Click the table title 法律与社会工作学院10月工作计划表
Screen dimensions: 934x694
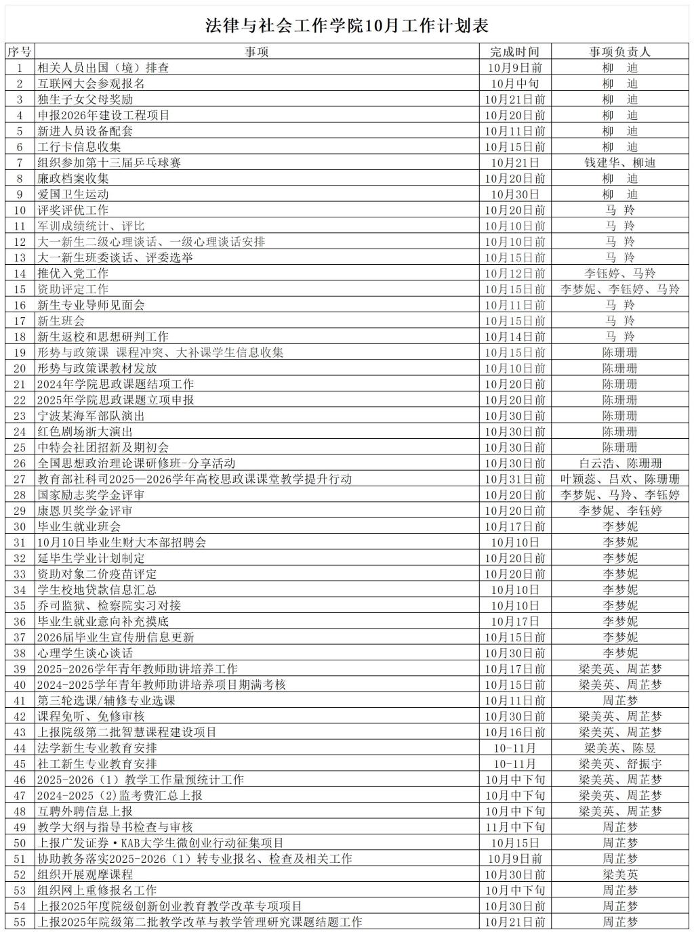(347, 26)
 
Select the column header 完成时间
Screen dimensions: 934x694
(515, 51)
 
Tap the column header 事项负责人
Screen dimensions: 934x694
(619, 51)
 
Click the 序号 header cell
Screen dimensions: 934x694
(20, 51)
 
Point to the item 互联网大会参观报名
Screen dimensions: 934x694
(91, 83)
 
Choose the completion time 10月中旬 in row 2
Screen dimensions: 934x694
(515, 83)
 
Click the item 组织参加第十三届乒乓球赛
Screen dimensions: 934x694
(109, 163)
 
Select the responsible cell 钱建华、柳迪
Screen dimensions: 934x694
(619, 163)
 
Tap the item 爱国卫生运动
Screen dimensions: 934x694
(73, 194)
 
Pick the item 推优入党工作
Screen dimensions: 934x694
(73, 274)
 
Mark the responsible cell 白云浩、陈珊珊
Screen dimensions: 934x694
(619, 463)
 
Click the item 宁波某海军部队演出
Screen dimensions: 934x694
(91, 416)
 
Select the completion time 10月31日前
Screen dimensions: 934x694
(515, 479)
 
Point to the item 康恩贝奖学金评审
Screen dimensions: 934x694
(85, 511)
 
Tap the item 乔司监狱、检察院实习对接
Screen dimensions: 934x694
(109, 606)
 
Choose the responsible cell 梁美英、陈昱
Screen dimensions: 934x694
(619, 748)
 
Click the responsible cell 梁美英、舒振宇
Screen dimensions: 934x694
(619, 763)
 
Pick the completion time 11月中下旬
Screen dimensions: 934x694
(515, 827)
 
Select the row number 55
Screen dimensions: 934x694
(20, 922)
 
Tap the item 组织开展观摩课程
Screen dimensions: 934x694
(85, 874)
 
